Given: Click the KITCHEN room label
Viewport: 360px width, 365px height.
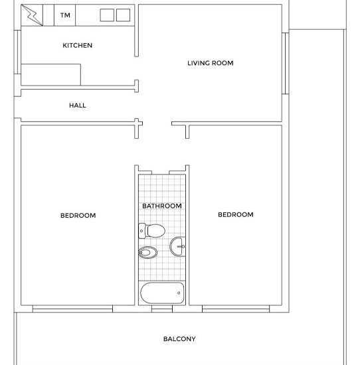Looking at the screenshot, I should pos(77,46).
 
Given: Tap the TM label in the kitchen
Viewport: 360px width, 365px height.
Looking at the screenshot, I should pos(65,15).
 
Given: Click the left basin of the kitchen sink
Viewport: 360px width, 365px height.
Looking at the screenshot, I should pos(107,15).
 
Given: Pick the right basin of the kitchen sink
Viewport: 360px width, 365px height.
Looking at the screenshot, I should pos(123,15).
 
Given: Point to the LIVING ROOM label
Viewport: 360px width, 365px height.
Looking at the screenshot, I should pos(211,63).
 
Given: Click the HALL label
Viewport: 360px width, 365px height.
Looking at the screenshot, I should pos(78,106).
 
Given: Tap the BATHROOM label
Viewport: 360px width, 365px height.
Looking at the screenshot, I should pos(162,206).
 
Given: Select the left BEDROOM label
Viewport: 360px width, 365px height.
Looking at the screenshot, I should pos(78,215).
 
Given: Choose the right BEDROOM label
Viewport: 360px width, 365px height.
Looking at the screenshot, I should pos(236,214).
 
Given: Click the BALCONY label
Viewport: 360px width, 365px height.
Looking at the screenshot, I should pos(179,339).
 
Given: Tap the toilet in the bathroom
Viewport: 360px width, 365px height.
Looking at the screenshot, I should pos(152,231).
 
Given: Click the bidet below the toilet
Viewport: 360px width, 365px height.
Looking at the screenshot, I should pos(148,252).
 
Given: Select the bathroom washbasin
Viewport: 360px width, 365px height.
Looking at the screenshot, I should pos(178,247).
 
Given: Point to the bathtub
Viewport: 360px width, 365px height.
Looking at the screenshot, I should pos(162,292).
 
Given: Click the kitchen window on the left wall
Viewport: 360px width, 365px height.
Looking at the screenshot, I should pos(19,58).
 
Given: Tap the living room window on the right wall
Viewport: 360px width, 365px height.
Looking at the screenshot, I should pos(286,63).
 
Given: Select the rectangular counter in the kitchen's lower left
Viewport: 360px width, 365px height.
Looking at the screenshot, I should pos(51,74).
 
